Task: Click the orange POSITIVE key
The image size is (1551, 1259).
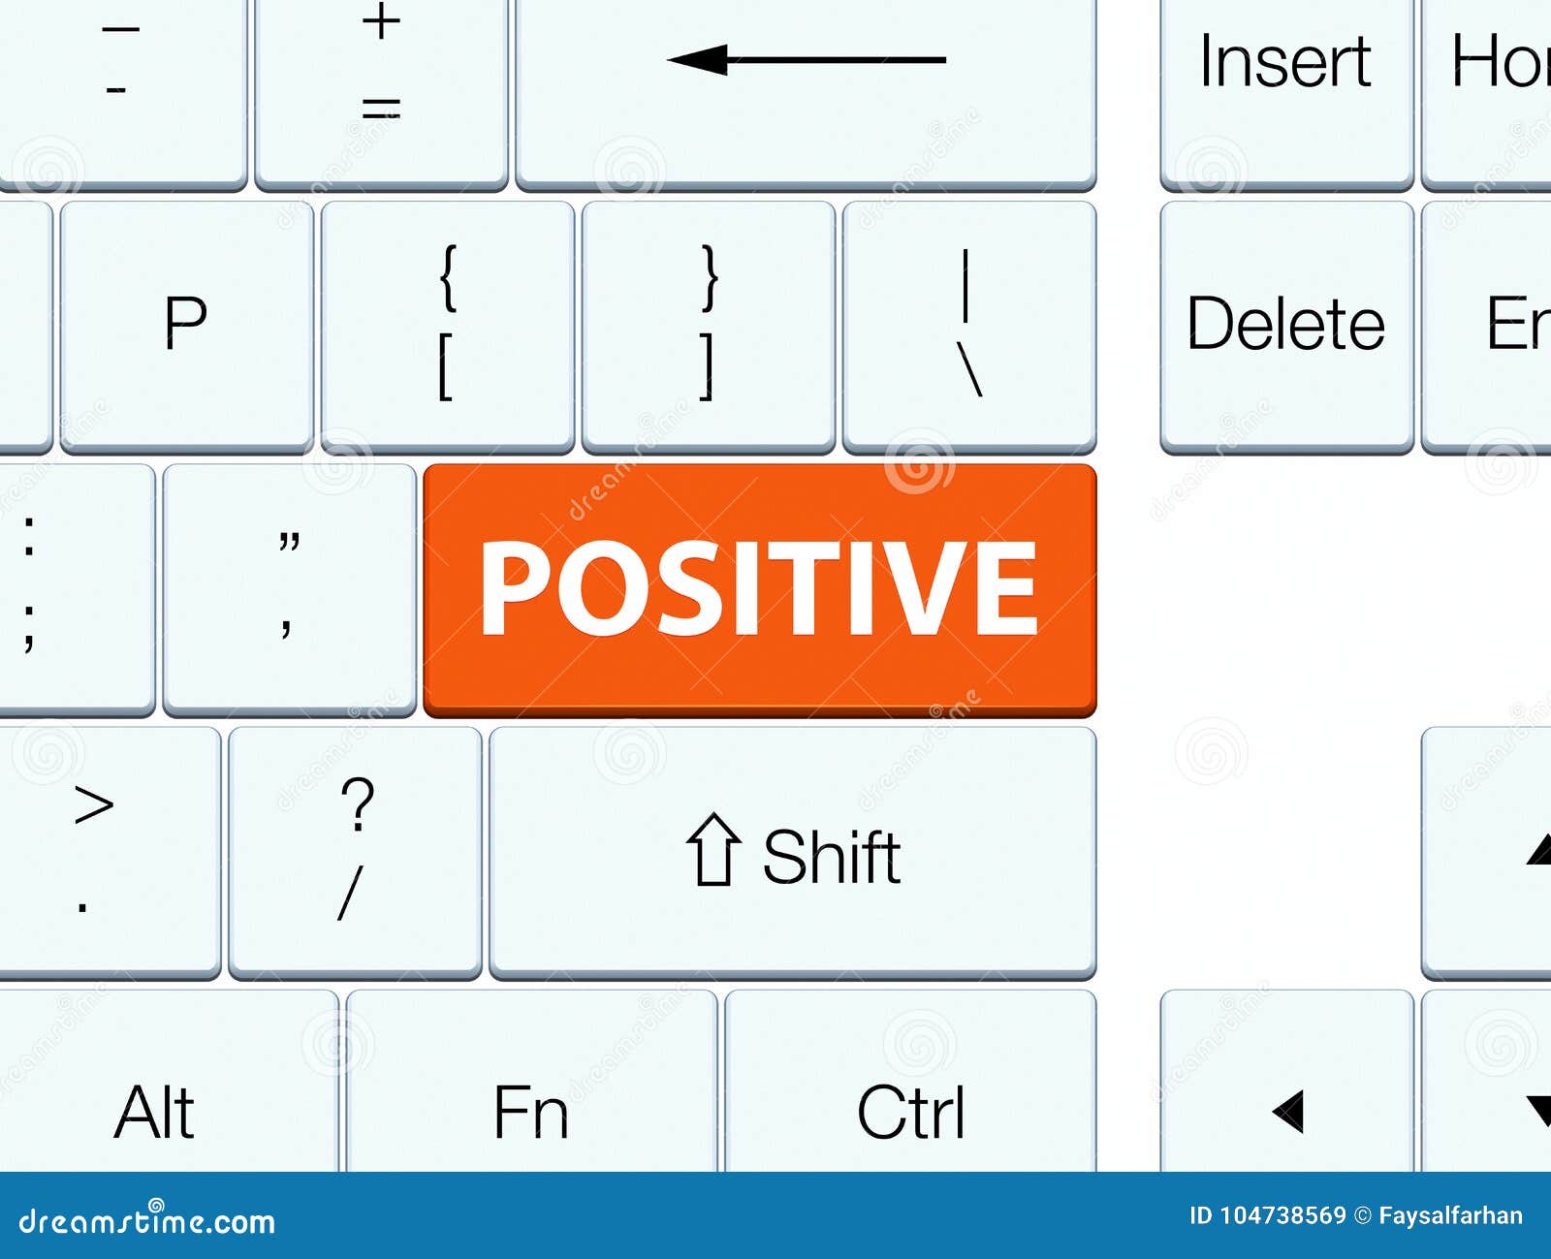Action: (x=759, y=589)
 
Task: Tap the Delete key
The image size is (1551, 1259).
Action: (x=1285, y=325)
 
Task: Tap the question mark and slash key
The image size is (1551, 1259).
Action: (x=355, y=851)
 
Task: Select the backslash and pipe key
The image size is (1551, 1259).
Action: (x=969, y=325)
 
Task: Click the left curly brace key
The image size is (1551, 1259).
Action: (x=447, y=325)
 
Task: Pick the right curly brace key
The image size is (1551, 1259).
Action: (x=709, y=325)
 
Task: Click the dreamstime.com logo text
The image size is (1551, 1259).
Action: (x=147, y=1220)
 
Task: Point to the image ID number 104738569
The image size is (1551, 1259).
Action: (x=1282, y=1215)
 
